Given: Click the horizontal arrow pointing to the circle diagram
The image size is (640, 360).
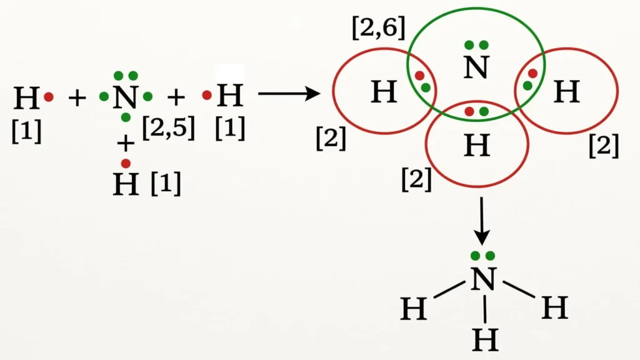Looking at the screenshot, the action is point(289,94).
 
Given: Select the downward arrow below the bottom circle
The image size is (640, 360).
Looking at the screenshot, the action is point(482,221).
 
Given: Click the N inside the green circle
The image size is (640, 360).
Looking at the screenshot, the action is point(476,67).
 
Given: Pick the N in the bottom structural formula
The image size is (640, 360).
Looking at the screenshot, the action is point(483,279).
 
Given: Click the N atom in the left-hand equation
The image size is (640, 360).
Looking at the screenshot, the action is point(126,97).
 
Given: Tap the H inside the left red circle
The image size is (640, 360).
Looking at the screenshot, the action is point(384,91).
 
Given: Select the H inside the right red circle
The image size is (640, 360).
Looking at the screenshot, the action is point(566,91).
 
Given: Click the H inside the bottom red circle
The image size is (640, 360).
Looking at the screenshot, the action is point(477,146).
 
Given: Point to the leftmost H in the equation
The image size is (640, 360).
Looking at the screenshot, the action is point(26,98).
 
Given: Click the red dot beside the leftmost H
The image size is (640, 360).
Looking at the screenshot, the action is point(49,97).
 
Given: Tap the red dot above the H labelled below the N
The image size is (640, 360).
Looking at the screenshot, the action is point(126,163).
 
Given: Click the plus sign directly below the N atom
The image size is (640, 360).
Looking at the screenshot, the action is point(126,143).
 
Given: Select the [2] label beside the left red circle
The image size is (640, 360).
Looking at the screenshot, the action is point(331,138).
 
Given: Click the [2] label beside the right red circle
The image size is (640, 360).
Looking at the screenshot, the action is point(604,146).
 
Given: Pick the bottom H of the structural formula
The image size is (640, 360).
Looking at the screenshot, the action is point(485,340).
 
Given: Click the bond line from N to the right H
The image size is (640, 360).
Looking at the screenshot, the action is point(519,289).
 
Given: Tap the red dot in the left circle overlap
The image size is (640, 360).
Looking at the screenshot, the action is point(419,76).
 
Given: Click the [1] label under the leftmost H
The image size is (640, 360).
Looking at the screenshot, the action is point(26,131).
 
